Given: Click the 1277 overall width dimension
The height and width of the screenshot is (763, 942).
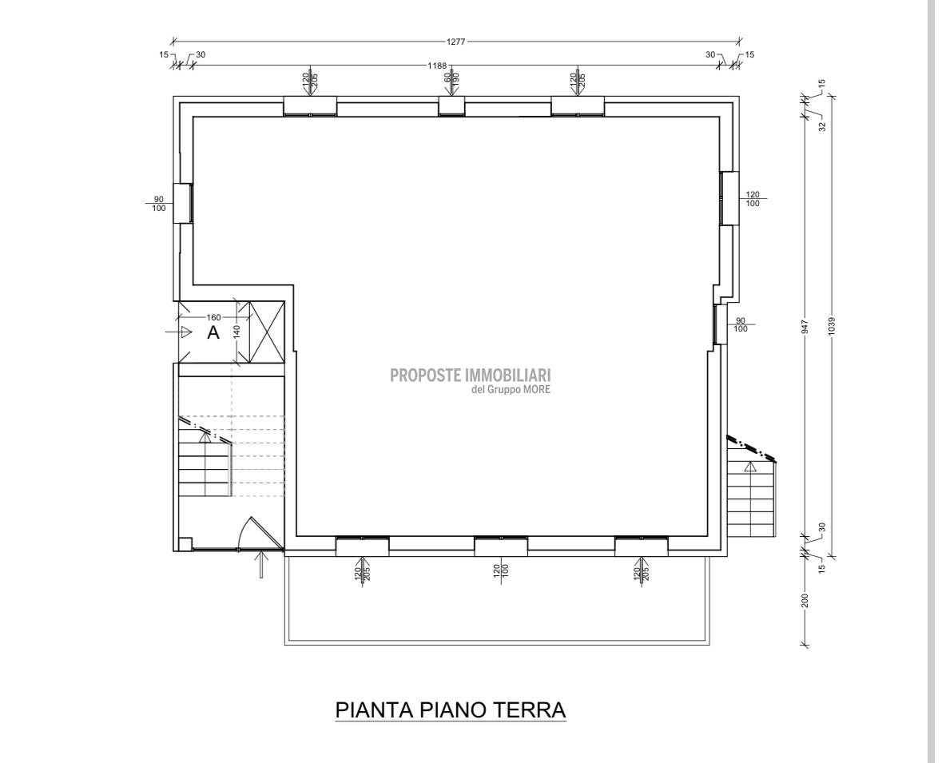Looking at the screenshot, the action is (456, 42).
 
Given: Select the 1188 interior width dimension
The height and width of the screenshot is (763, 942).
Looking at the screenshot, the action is (437, 66).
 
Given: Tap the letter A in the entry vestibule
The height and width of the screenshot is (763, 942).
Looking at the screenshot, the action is (213, 332).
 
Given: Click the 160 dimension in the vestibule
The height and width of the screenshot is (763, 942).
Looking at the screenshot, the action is (214, 317).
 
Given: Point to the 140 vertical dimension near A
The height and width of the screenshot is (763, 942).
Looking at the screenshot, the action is (236, 332).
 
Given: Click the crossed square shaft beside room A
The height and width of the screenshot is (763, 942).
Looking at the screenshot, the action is (266, 332).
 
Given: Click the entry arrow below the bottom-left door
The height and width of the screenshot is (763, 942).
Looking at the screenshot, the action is (260, 564).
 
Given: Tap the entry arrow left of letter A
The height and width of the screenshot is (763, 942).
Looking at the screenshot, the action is (178, 332).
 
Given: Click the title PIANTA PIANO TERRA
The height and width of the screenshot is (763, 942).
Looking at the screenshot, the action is (451, 709).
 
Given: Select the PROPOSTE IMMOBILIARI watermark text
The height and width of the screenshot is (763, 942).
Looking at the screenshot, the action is (471, 376).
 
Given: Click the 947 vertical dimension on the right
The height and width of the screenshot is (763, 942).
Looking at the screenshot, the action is (805, 326).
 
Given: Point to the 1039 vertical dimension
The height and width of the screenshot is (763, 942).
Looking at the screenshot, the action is (832, 326).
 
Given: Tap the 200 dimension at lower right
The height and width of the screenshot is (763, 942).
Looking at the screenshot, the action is (805, 600).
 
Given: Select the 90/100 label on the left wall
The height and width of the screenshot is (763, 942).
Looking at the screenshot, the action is (159, 204).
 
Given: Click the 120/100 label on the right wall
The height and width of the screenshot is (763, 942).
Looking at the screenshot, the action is (752, 199).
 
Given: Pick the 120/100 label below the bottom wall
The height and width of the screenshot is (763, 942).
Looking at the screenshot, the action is (500, 570).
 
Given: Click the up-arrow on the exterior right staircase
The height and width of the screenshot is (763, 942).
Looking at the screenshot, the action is (749, 467).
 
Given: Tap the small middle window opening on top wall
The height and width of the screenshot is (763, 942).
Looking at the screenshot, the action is (451, 105).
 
